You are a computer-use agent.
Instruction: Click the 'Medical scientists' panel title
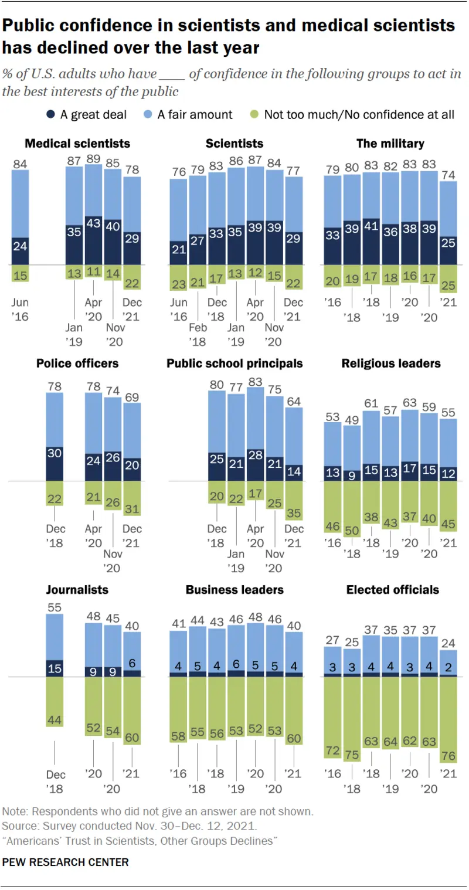[x=77, y=144]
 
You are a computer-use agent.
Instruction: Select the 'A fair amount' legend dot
[x=148, y=115]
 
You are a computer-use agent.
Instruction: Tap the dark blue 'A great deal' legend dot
[x=50, y=115]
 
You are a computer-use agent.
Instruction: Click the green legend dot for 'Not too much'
[x=254, y=115]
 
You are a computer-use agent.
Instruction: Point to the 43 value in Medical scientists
[x=93, y=223]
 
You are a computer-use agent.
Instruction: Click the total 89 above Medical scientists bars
[x=93, y=159]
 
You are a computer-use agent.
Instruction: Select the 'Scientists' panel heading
[x=235, y=144]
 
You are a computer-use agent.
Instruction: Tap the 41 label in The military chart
[x=371, y=226]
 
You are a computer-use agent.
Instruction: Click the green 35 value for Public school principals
[x=294, y=513]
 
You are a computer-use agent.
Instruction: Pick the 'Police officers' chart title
[x=77, y=363]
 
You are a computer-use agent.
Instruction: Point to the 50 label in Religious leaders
[x=352, y=531]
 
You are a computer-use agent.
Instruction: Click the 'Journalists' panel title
[x=77, y=590]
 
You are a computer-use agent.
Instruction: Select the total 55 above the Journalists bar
[x=55, y=607]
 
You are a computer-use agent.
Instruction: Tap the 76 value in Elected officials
[x=448, y=756]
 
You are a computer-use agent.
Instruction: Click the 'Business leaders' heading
[x=235, y=590]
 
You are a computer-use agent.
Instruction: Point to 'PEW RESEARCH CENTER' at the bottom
[x=66, y=862]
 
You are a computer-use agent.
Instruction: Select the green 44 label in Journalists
[x=55, y=720]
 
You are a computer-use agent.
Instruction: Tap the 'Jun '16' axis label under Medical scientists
[x=20, y=310]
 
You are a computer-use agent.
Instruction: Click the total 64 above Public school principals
[x=294, y=401]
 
